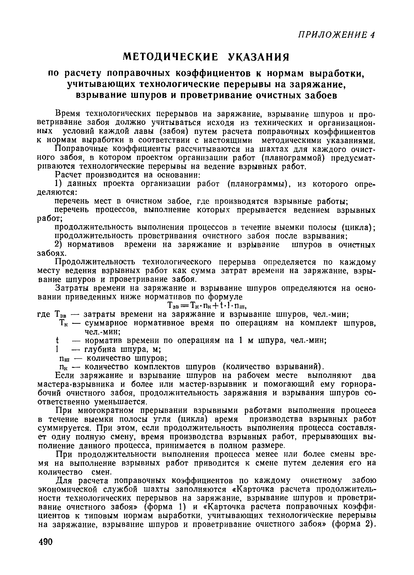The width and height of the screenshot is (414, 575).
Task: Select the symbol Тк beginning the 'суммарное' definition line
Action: pos(64,323)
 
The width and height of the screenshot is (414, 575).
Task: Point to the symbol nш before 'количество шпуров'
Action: pos(63,358)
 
